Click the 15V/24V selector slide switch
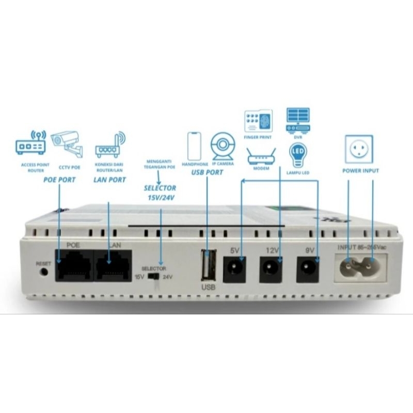(153, 276)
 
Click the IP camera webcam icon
(223, 146)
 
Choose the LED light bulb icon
(298, 154)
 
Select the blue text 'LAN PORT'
(109, 179)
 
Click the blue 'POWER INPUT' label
(361, 171)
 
